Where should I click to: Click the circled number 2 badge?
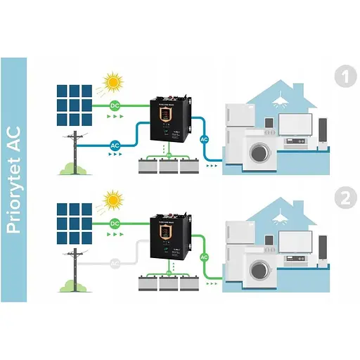pyautogui.click(x=345, y=198)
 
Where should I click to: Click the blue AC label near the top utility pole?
pyautogui.click(x=116, y=146)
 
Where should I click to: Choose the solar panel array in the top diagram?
pyautogui.click(x=75, y=104)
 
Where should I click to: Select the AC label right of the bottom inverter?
pyautogui.click(x=205, y=257)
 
